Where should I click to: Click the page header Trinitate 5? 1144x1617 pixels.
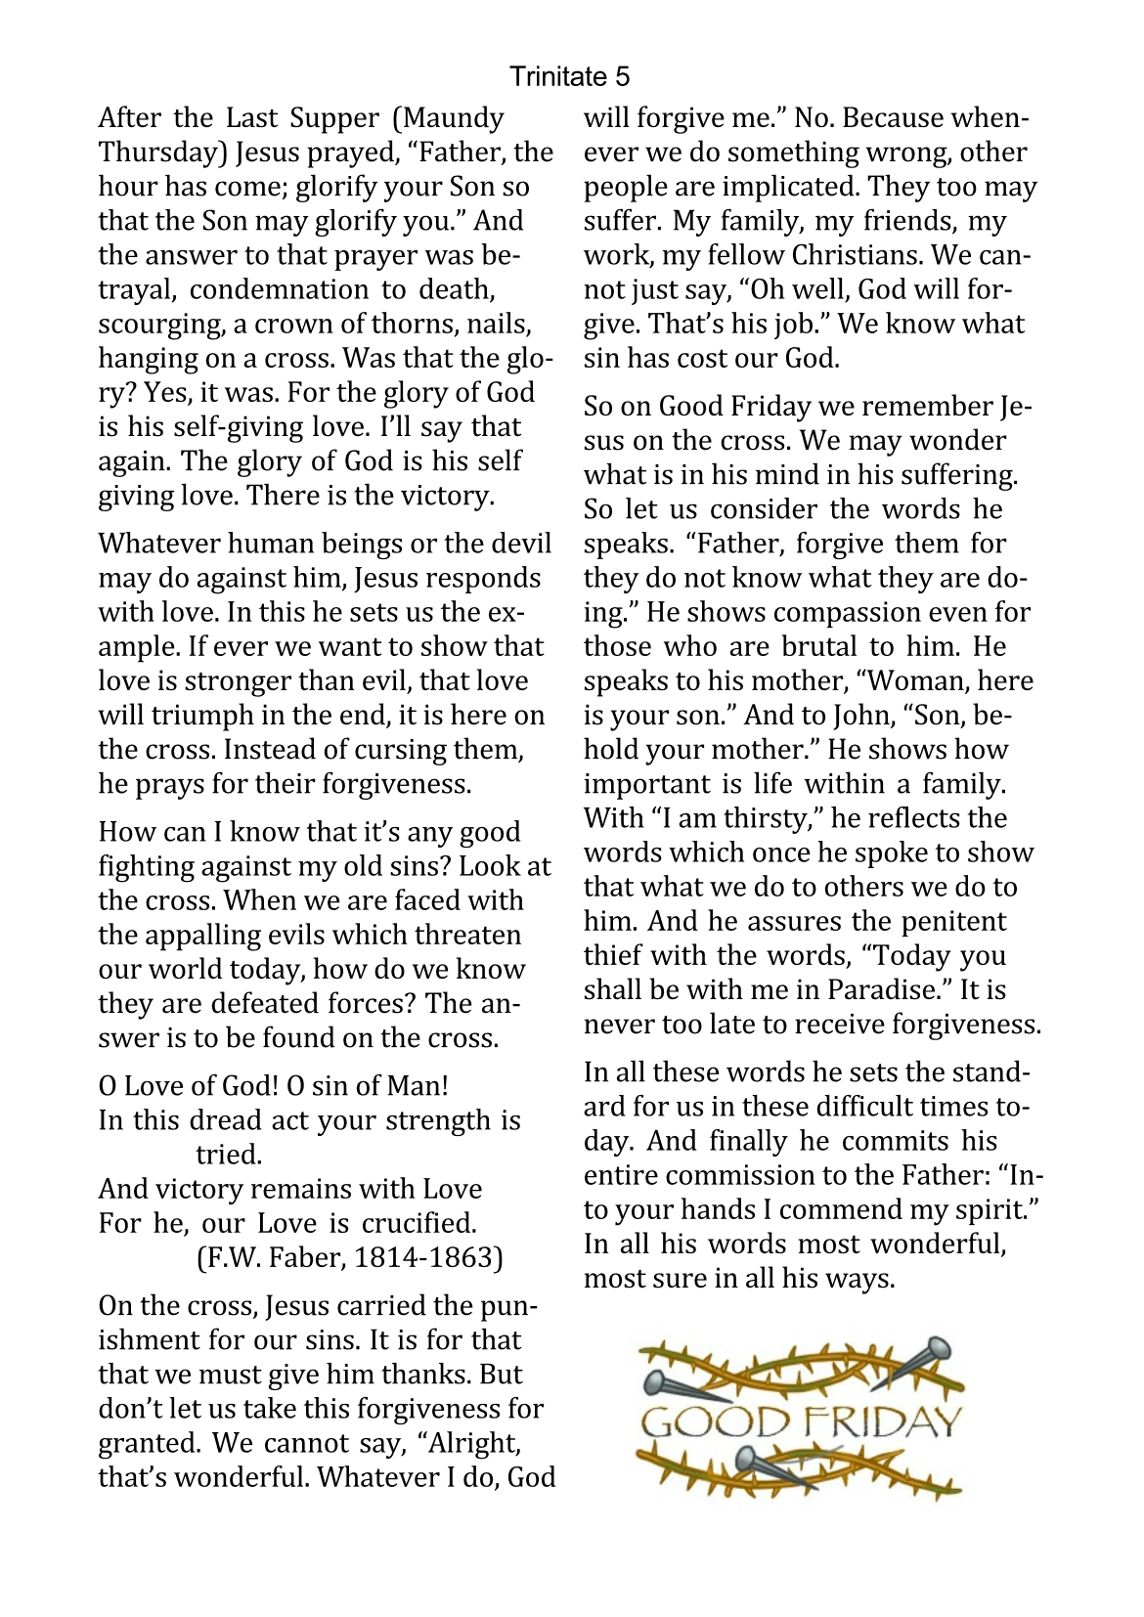click(570, 76)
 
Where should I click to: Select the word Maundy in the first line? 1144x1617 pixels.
click(455, 118)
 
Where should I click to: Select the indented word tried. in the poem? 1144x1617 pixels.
click(229, 1155)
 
